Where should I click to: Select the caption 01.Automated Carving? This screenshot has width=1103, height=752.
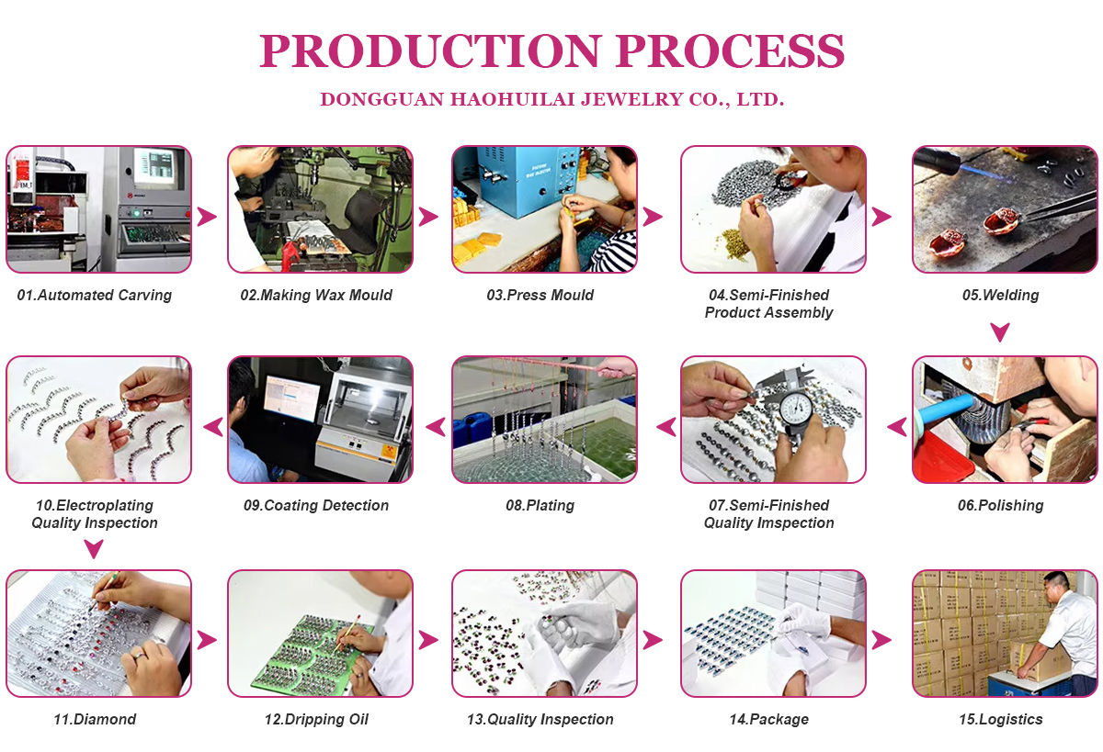(x=95, y=296)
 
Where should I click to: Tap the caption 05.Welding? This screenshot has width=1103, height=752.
(x=1000, y=296)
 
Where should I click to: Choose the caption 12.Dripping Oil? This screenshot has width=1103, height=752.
(x=316, y=720)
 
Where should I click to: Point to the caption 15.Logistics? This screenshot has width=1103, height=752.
(x=1000, y=720)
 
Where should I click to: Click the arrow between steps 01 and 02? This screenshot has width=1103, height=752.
(x=208, y=217)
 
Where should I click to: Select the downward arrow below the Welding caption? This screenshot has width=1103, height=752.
(x=1000, y=331)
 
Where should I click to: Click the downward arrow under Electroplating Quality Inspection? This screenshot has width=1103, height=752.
(x=94, y=549)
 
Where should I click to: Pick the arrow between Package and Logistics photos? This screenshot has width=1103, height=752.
(x=881, y=640)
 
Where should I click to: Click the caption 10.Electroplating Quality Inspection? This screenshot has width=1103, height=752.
(x=95, y=514)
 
